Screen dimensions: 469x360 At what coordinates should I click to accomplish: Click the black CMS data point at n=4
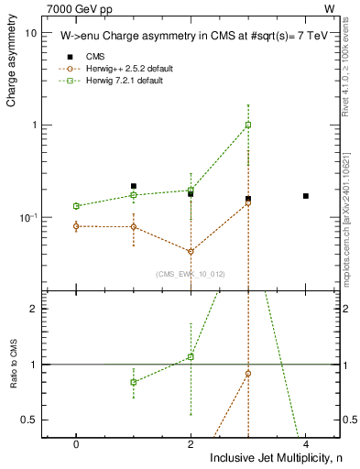point(306,196)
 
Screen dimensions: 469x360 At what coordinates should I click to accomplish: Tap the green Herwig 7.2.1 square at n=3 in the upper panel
point(248,125)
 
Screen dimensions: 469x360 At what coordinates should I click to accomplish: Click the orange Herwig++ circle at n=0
point(76,225)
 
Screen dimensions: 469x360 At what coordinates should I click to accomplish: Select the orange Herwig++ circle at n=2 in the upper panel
point(191,251)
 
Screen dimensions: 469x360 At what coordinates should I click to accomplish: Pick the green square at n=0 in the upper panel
point(76,206)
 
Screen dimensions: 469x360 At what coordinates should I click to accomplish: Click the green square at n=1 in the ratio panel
point(134,382)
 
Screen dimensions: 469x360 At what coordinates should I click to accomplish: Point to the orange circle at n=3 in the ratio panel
point(248,373)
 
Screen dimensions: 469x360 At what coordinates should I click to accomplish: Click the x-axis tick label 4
point(306,442)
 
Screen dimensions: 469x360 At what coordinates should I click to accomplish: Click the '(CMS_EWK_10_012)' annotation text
point(190,274)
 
